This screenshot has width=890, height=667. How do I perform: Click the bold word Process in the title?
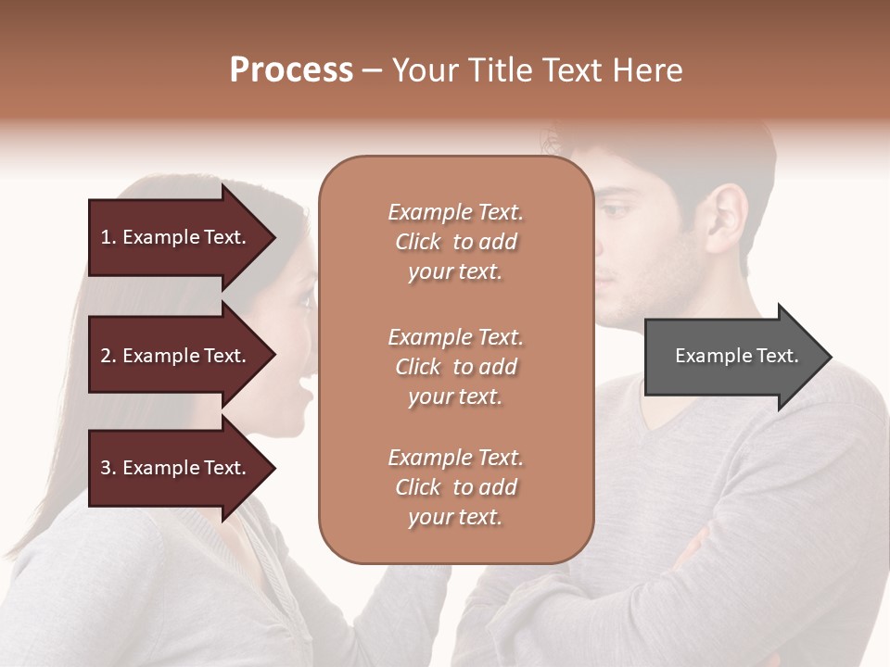click(291, 70)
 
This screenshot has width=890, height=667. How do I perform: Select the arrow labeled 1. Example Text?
click(176, 237)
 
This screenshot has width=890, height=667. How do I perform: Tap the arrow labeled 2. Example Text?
click(176, 356)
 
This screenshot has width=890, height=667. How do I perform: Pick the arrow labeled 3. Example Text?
click(176, 468)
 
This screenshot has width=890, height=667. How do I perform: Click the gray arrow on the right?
click(732, 356)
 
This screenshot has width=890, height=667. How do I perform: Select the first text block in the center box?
click(455, 242)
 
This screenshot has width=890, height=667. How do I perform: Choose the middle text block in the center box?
click(455, 367)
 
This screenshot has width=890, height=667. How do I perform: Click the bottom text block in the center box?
click(455, 487)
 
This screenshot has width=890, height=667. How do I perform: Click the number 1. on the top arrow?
click(108, 237)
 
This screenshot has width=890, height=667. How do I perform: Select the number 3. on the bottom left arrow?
click(108, 468)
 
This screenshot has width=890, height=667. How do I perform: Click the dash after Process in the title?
click(372, 71)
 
